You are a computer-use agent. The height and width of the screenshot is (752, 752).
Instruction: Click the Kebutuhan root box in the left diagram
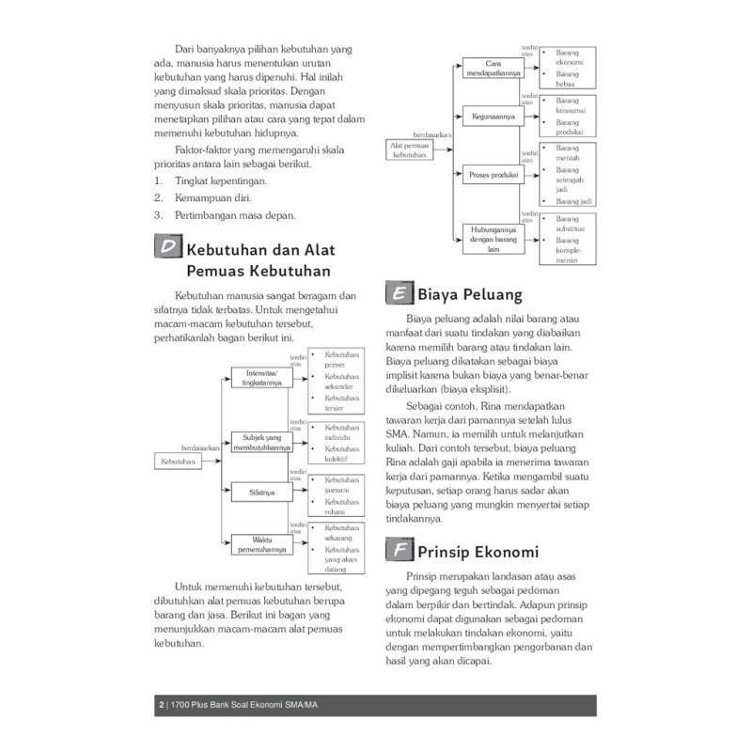(178, 462)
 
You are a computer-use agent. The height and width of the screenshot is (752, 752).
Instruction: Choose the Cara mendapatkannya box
(490, 68)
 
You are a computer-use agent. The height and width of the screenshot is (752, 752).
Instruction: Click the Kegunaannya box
(490, 117)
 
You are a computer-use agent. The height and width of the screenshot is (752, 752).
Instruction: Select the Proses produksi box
(490, 175)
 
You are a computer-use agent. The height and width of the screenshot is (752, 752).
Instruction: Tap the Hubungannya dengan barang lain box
(490, 239)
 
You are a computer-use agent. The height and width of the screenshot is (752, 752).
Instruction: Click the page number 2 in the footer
(162, 706)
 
